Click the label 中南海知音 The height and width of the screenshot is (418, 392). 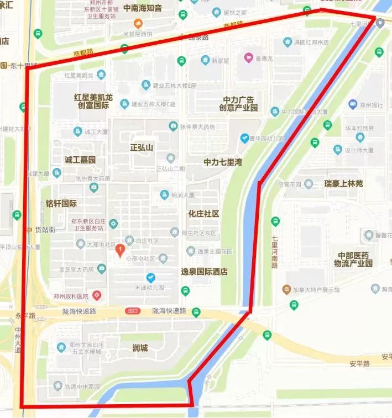tap(143, 8)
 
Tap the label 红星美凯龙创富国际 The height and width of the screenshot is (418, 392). tap(93, 101)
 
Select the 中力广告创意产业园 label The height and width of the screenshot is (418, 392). tap(239, 104)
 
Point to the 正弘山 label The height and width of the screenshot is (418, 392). tap(142, 148)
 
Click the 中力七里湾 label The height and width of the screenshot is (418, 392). tap(223, 162)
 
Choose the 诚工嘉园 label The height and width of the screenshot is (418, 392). tap(80, 160)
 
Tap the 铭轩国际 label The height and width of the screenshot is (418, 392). tap(61, 203)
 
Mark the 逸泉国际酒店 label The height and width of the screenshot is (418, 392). tap(205, 272)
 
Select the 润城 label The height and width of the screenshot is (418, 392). tap(140, 348)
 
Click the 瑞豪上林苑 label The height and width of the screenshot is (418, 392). tap(344, 183)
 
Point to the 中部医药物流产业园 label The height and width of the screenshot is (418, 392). tap(353, 260)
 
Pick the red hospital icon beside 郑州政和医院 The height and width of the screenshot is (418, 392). tap(97, 295)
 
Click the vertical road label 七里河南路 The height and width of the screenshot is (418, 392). tap(275, 252)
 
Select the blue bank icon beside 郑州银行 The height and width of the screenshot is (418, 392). tap(353, 104)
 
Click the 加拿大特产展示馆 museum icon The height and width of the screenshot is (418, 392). tap(286, 289)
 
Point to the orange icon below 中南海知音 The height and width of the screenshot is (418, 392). tap(138, 23)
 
